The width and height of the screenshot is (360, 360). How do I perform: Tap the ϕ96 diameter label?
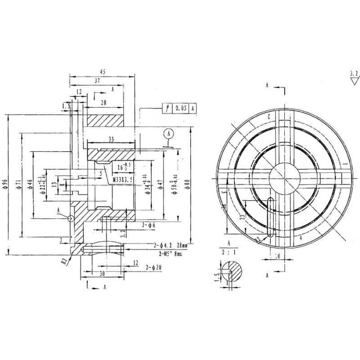pos(5,184)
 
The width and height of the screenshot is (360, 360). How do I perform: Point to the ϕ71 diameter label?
pos(17,185)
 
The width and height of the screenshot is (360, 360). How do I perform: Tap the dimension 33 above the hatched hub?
pos(111,139)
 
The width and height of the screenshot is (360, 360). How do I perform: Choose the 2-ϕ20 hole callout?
pos(154,268)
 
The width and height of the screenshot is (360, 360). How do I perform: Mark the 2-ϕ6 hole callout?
pos(148,224)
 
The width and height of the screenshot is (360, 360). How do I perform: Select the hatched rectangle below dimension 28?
pos(105,121)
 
